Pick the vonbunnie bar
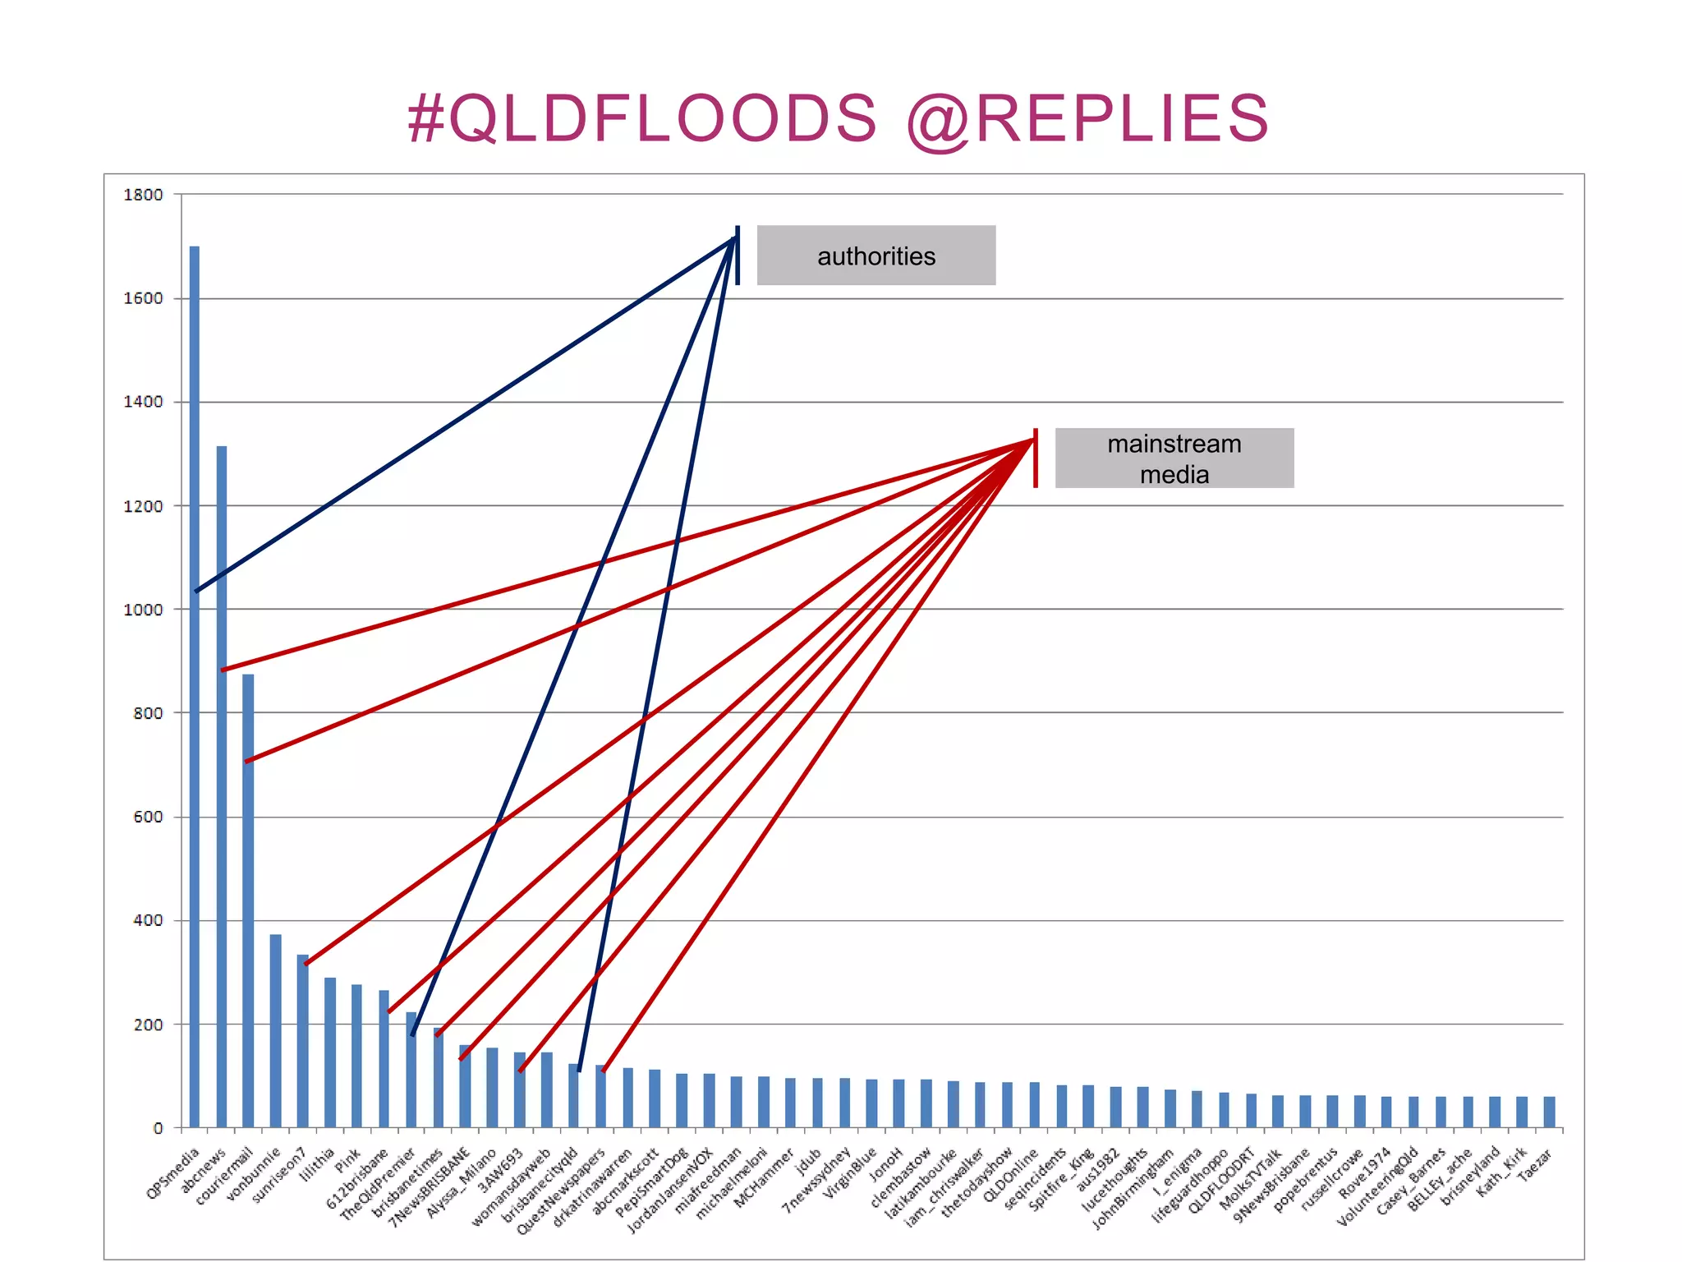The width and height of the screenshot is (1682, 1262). [276, 1030]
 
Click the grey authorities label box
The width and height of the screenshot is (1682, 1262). [875, 256]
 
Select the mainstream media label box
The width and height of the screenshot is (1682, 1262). [1174, 458]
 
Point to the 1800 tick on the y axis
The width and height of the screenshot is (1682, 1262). [144, 195]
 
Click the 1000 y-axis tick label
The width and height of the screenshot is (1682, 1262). [144, 610]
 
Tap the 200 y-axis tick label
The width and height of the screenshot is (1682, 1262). [148, 1025]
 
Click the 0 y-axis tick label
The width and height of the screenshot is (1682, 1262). [158, 1129]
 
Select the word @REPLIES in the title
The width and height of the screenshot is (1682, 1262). [1087, 118]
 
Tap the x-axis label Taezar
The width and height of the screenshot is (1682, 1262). [1534, 1165]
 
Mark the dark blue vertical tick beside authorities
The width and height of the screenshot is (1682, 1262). [738, 256]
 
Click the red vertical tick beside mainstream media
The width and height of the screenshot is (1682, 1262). [1036, 458]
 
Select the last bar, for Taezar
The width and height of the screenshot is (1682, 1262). [1549, 1112]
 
